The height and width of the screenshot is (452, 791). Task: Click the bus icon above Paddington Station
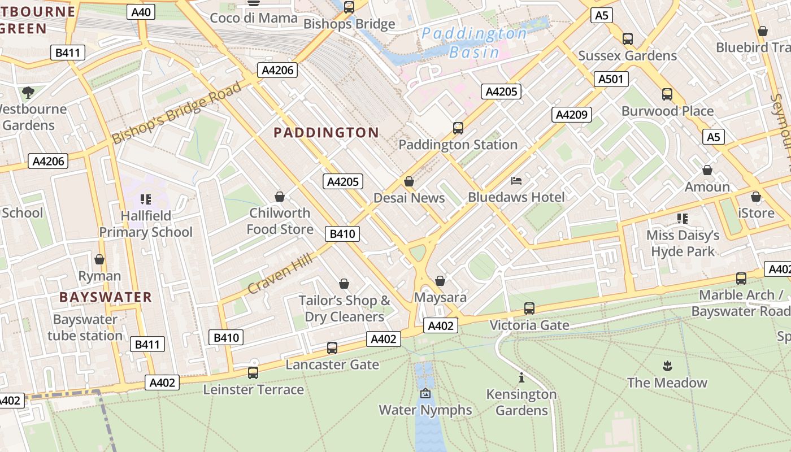click(x=458, y=128)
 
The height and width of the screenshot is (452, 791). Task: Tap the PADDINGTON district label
click(x=326, y=133)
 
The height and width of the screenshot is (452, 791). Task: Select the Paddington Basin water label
click(x=474, y=43)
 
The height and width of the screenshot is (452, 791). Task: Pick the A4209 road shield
click(x=572, y=115)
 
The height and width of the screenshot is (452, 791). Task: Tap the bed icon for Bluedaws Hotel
click(x=516, y=181)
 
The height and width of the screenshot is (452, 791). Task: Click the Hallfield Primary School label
click(x=146, y=224)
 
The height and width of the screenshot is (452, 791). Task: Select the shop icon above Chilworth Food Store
click(x=279, y=197)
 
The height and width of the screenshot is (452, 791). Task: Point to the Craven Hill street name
click(x=280, y=273)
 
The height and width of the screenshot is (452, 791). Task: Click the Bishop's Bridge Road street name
click(x=177, y=112)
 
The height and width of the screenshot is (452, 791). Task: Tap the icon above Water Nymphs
click(x=425, y=393)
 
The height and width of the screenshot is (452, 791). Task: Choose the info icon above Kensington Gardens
click(x=521, y=377)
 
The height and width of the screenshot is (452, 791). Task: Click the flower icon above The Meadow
click(x=667, y=366)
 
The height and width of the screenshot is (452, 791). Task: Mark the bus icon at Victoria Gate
click(x=529, y=308)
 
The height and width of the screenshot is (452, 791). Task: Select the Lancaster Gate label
click(x=332, y=364)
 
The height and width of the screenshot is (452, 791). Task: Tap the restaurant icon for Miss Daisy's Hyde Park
click(x=683, y=218)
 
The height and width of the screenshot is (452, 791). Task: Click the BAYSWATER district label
click(x=106, y=297)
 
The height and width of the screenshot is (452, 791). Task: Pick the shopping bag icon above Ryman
click(x=99, y=259)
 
